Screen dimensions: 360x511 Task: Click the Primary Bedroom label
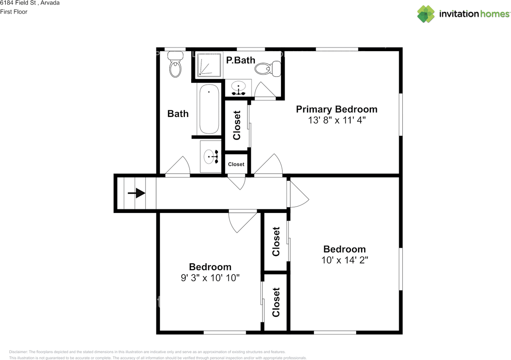pyautogui.click(x=336, y=109)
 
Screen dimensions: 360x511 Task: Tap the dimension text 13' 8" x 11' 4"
pyautogui.click(x=336, y=120)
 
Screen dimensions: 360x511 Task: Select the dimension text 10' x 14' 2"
pyautogui.click(x=344, y=260)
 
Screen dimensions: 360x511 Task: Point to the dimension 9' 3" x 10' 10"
pyautogui.click(x=210, y=278)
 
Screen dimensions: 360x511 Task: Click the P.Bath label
pyautogui.click(x=240, y=60)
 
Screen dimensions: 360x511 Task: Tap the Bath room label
pyautogui.click(x=178, y=114)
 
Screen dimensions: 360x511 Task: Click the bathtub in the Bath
pyautogui.click(x=209, y=109)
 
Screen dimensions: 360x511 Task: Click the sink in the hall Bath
pyautogui.click(x=210, y=156)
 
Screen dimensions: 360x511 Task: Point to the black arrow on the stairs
pyautogui.click(x=137, y=193)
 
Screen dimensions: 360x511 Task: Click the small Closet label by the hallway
pyautogui.click(x=236, y=164)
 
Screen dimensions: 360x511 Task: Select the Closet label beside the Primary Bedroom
pyautogui.click(x=237, y=125)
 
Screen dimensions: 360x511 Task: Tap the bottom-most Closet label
pyautogui.click(x=276, y=302)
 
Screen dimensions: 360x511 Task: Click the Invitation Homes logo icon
pyautogui.click(x=426, y=14)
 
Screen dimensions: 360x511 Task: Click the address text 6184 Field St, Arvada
pyautogui.click(x=30, y=3)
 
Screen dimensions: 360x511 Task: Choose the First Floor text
pyautogui.click(x=14, y=12)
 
